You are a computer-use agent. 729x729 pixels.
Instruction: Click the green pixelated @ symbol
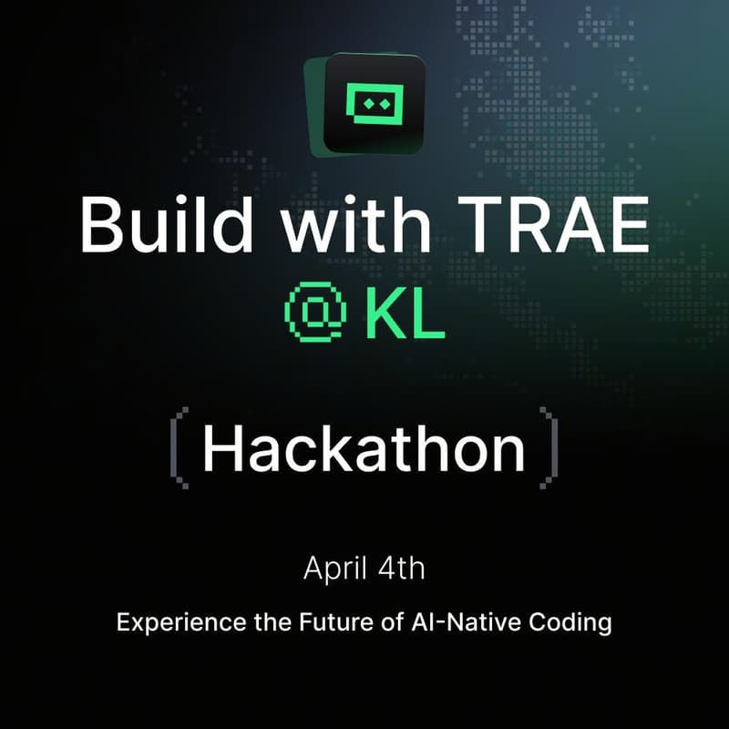[314, 312]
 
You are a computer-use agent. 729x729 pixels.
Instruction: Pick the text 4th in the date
[401, 569]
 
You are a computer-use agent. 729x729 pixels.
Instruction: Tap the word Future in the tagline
[330, 624]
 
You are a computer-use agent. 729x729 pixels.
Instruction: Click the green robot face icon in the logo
[375, 105]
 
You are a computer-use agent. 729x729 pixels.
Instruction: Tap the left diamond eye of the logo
[367, 104]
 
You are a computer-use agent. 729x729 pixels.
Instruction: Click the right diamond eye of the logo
[383, 104]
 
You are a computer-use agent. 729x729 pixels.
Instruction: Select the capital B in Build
[98, 225]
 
